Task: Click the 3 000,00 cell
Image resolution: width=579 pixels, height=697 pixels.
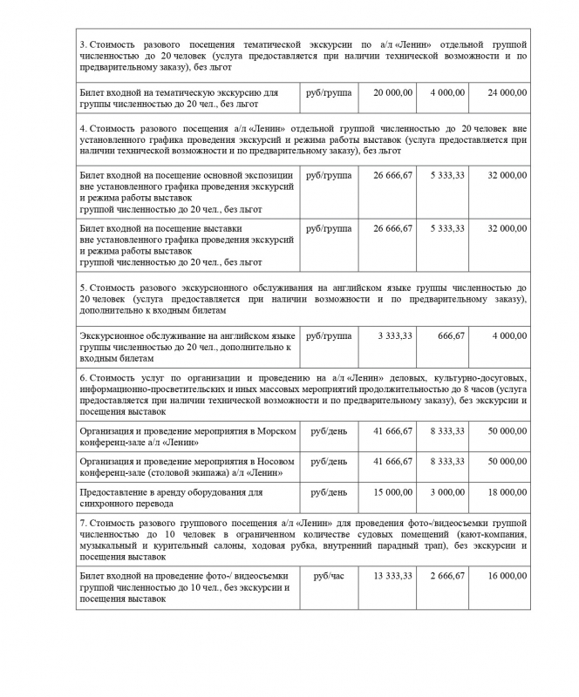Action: (447, 491)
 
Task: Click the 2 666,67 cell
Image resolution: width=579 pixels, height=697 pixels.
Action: (447, 576)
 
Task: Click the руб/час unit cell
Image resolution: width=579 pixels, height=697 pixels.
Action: (329, 576)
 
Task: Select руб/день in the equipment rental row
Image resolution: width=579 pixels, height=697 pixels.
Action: (329, 491)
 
